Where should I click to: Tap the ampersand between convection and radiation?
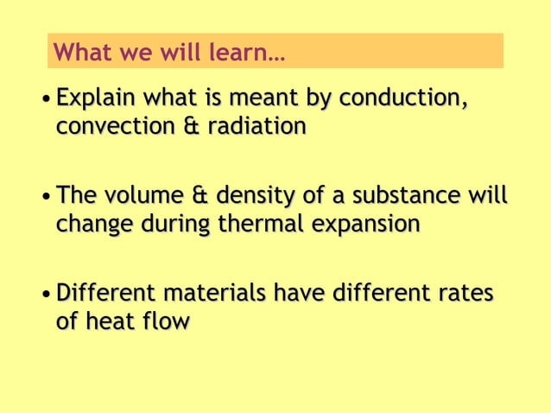[x=190, y=127]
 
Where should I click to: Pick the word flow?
[x=165, y=321]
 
